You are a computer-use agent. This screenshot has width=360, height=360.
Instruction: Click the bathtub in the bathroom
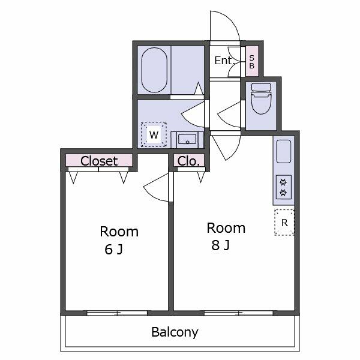click(x=154, y=70)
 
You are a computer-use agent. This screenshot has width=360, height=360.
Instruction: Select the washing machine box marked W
click(x=154, y=134)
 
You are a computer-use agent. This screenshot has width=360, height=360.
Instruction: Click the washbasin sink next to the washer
click(x=187, y=139)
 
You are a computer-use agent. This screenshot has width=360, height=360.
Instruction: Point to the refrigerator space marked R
click(x=284, y=223)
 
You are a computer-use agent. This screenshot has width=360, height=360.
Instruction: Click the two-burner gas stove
click(x=284, y=187)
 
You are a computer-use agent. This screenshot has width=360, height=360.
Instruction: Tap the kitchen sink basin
click(x=284, y=152)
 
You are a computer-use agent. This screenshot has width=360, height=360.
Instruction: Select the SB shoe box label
click(x=252, y=62)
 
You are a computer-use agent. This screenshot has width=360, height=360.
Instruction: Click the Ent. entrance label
click(x=224, y=61)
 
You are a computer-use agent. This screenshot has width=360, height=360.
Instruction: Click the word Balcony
click(x=175, y=332)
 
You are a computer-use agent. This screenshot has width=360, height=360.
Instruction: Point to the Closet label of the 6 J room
click(x=99, y=161)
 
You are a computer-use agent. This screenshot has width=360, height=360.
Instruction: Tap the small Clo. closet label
click(x=189, y=161)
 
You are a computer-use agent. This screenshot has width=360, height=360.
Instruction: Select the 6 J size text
click(x=113, y=250)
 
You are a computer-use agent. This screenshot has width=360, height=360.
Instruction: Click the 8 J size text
click(x=220, y=245)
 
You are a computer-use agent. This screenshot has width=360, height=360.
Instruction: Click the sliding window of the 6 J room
click(x=117, y=313)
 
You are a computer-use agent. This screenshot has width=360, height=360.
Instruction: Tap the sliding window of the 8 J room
click(x=239, y=313)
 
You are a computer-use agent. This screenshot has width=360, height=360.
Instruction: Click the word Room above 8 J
click(x=226, y=228)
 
